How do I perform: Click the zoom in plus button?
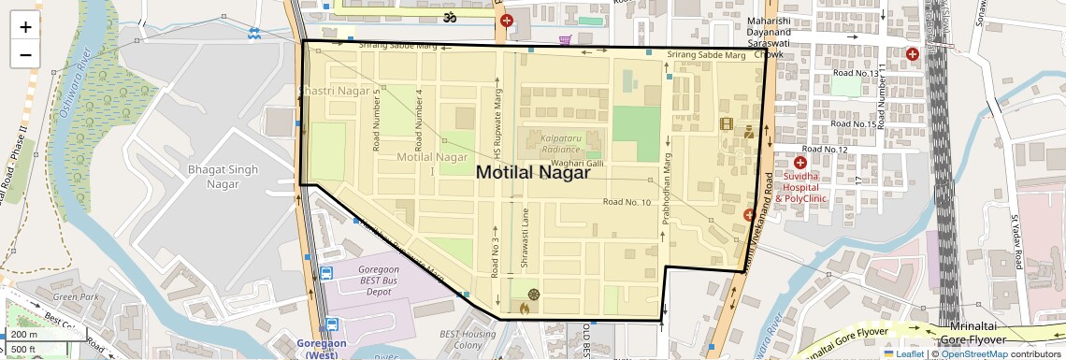coord(25,27)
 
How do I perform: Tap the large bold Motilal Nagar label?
coord(533,172)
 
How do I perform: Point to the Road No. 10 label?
coord(627,202)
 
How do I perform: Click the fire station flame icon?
coord(525,306)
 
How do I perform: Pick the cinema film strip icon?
coord(727,123)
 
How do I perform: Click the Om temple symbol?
coord(448,18)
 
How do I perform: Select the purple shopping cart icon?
coord(565,40)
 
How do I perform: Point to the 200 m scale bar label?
coord(24,335)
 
